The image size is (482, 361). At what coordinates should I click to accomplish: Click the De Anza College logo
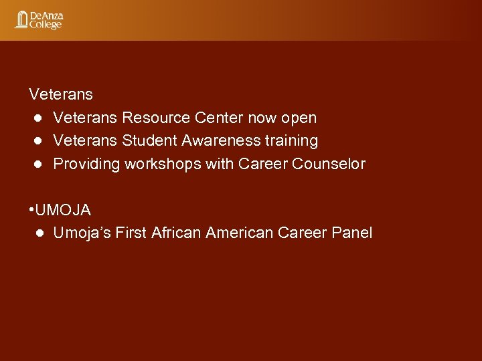[x=39, y=20]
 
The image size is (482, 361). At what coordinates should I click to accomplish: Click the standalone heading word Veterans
[x=61, y=95]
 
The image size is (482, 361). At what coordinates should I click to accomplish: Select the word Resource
[x=156, y=118]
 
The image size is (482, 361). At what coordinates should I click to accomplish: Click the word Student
[x=147, y=140]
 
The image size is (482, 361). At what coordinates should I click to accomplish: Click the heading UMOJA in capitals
[x=63, y=210]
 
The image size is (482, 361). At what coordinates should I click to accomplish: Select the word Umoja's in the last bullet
[x=82, y=233]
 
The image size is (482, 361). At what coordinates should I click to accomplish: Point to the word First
[x=131, y=233]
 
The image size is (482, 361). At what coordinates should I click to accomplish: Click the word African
[x=177, y=233]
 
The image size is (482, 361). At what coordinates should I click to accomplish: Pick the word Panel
[x=351, y=233]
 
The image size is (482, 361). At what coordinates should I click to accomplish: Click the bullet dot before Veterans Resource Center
[x=39, y=118]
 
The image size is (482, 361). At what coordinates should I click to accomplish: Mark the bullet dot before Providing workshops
[x=39, y=164]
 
